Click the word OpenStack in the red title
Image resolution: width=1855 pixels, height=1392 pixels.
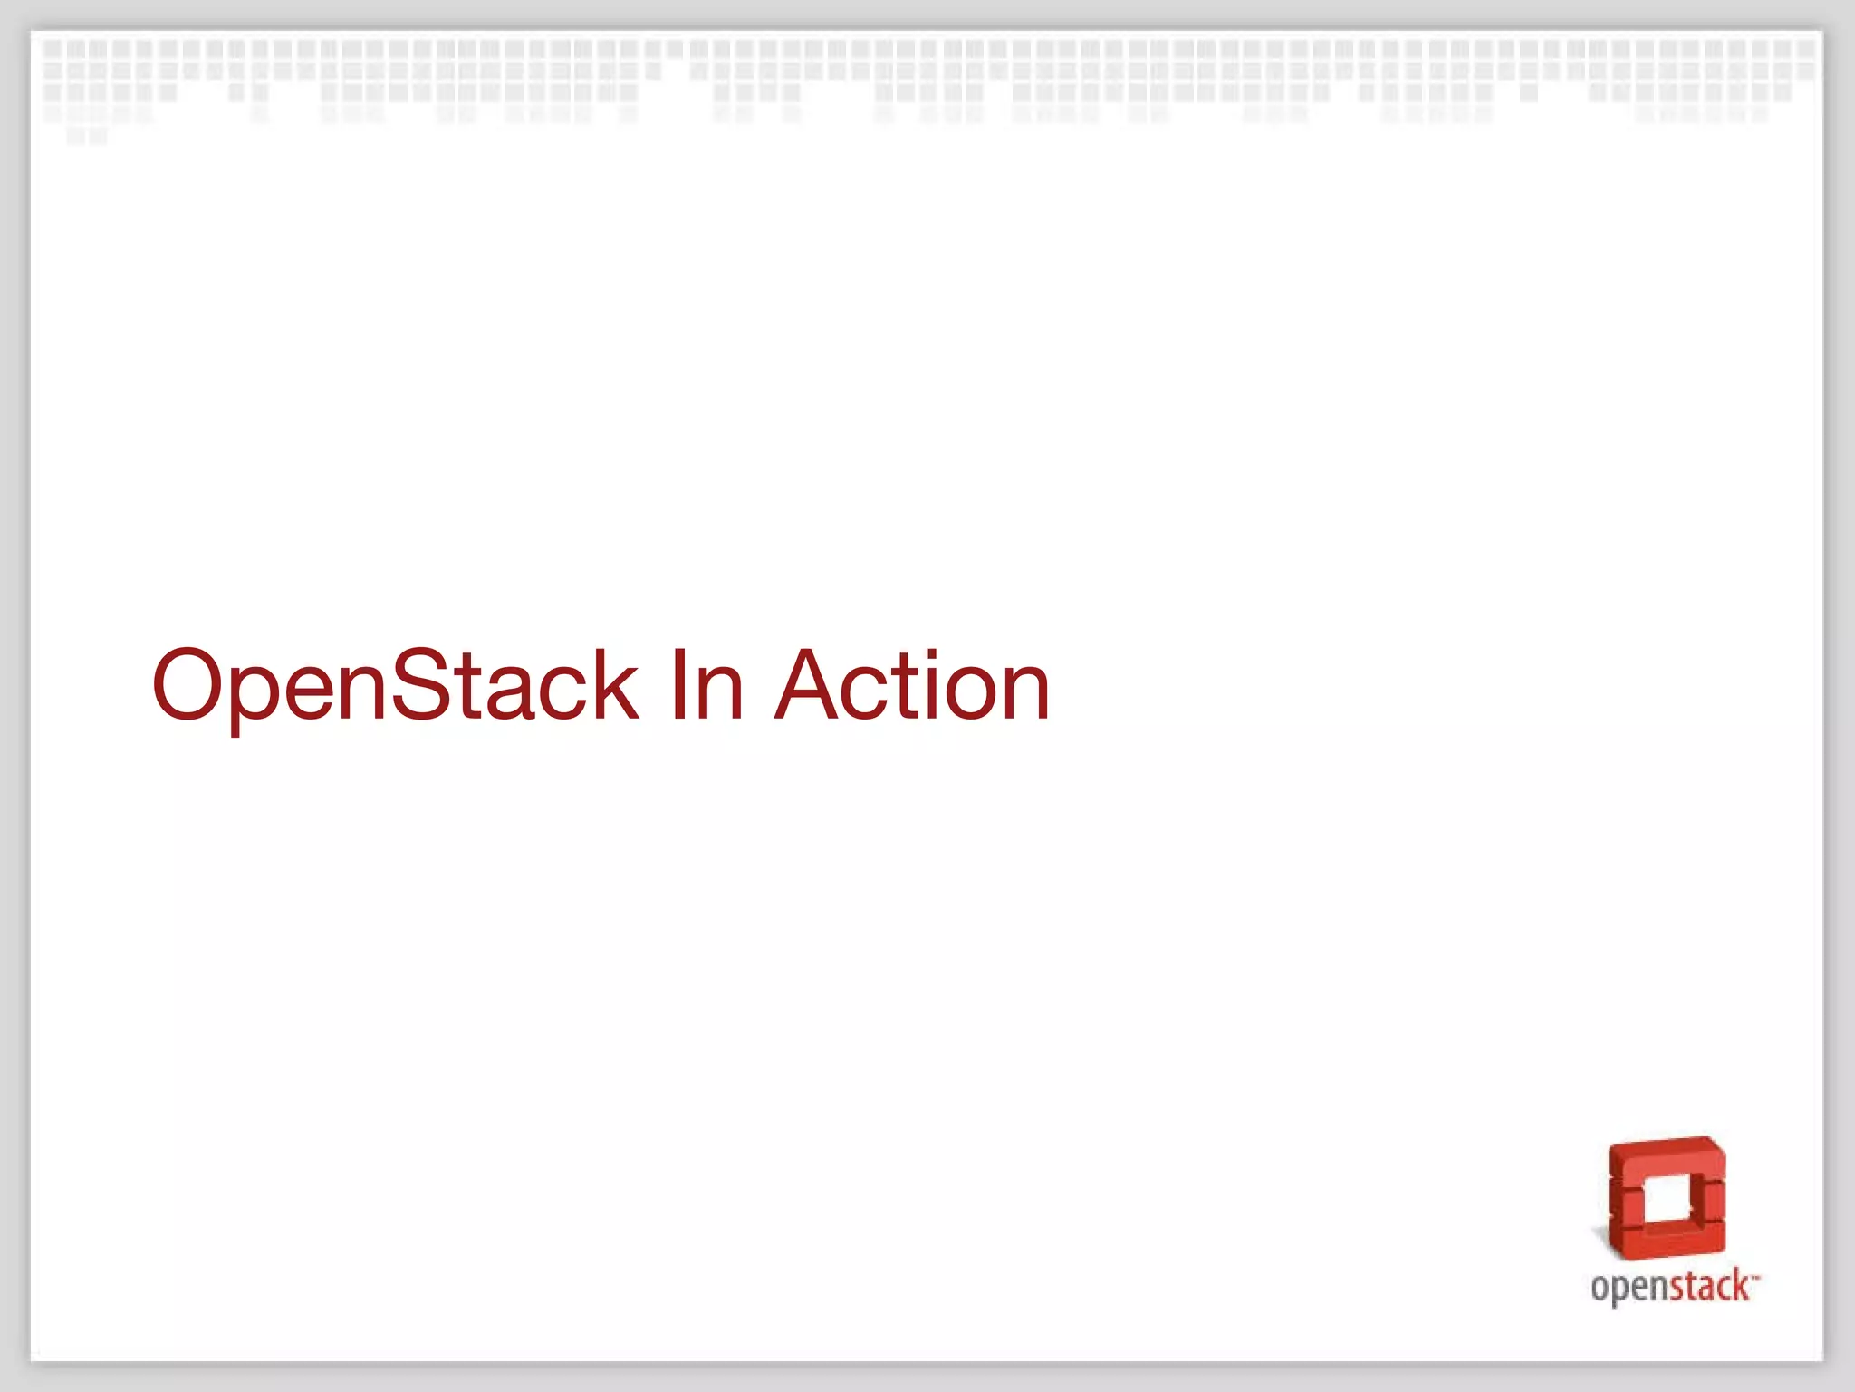coord(395,685)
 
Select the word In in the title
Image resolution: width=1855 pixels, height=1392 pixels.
coord(706,685)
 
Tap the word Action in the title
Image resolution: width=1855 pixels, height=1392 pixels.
coord(912,685)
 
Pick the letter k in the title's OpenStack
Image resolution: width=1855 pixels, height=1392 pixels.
coord(611,685)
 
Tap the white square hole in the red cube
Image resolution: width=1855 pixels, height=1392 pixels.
coord(1665,1203)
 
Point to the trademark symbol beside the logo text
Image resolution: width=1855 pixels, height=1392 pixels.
coord(1755,1276)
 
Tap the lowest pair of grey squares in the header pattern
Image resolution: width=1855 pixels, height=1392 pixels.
coord(87,136)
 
